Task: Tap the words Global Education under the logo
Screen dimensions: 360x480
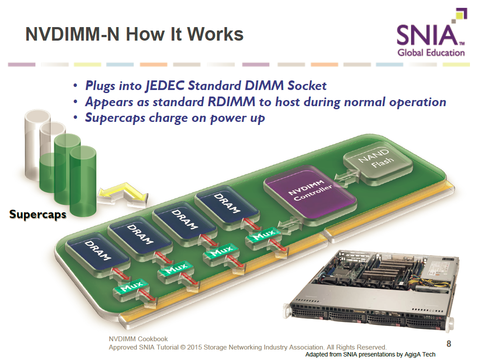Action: pyautogui.click(x=431, y=53)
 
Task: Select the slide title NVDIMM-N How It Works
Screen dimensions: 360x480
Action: pyautogui.click(x=135, y=34)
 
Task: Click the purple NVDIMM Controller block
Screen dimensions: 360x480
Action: pyautogui.click(x=310, y=192)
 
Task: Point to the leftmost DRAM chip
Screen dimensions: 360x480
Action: pyautogui.click(x=98, y=249)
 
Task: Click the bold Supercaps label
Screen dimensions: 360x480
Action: pyautogui.click(x=38, y=214)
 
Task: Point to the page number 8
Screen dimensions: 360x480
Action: pyautogui.click(x=449, y=343)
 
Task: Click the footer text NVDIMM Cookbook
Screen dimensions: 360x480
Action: pyautogui.click(x=138, y=339)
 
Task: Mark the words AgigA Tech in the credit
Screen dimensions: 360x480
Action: pyautogui.click(x=420, y=354)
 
